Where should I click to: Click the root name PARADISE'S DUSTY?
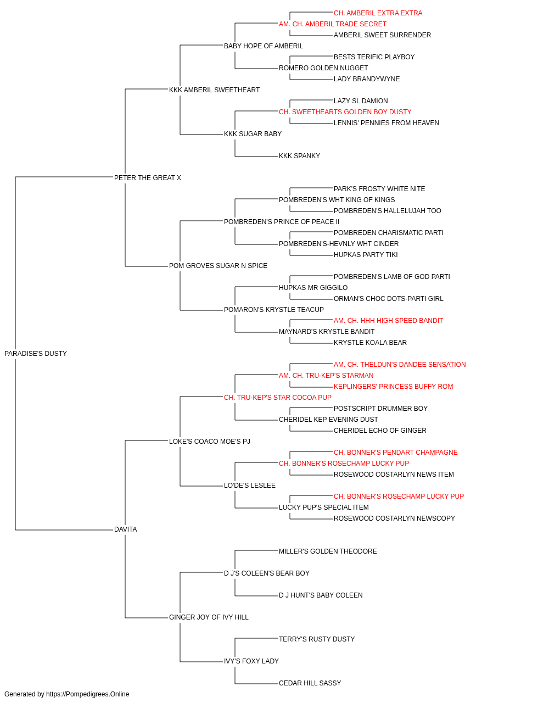pyautogui.click(x=36, y=354)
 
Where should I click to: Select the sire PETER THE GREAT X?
pyautogui.click(x=148, y=178)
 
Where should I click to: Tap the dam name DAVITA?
pyautogui.click(x=126, y=529)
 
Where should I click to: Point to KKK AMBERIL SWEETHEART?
pyautogui.click(x=214, y=90)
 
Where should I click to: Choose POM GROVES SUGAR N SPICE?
pyautogui.click(x=218, y=266)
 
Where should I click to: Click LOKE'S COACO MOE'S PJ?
pyautogui.click(x=210, y=442)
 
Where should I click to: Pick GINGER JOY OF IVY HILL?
pyautogui.click(x=209, y=617)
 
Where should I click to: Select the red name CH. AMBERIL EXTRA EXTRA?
pyautogui.click(x=378, y=13)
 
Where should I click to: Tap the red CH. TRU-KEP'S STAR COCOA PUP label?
pyautogui.click(x=278, y=398)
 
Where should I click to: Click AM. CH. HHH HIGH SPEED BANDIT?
pyautogui.click(x=388, y=321)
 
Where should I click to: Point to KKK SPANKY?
pyautogui.click(x=299, y=156)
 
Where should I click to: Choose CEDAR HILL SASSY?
pyautogui.click(x=310, y=683)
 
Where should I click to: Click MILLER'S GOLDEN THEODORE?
pyautogui.click(x=328, y=551)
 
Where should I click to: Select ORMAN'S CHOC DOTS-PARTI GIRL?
pyautogui.click(x=388, y=299)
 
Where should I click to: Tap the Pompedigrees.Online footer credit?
pyautogui.click(x=66, y=694)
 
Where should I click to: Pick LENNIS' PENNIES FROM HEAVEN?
pyautogui.click(x=386, y=123)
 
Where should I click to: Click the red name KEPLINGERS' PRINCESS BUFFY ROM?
pyautogui.click(x=393, y=387)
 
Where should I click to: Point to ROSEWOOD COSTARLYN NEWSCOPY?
pyautogui.click(x=394, y=518)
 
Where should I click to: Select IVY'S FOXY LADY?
pyautogui.click(x=251, y=661)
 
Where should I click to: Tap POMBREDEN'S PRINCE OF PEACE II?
pyautogui.click(x=282, y=222)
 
